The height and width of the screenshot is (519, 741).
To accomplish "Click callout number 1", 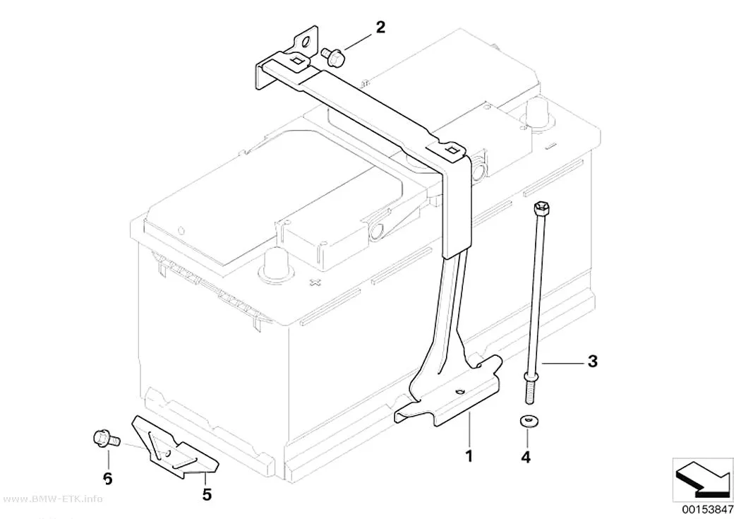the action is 469,456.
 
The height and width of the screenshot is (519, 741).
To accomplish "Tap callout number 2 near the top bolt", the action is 380,28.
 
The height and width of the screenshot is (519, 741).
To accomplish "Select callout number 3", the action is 593,362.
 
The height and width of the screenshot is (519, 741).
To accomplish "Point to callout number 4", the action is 526,457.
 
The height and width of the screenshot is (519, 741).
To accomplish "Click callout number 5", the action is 207,494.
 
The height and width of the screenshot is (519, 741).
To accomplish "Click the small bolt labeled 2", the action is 334,56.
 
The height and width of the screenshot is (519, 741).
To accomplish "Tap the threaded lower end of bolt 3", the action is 528,390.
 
